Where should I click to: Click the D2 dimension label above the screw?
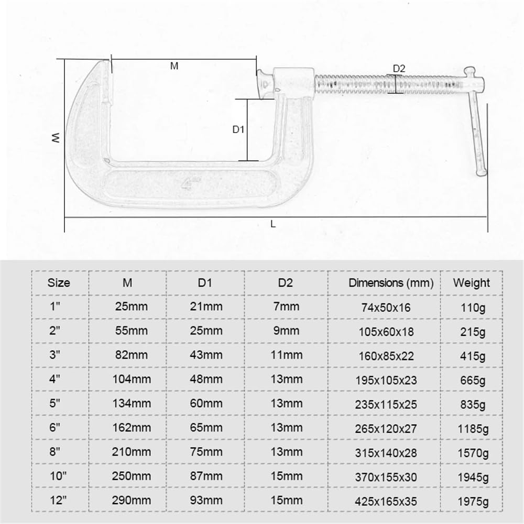coord(399,68)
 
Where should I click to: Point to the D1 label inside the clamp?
coord(239,129)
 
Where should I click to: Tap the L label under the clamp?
coord(273,224)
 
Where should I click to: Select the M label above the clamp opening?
coord(174,66)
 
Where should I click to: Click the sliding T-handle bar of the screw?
coord(476,126)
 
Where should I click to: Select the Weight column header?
coord(471,283)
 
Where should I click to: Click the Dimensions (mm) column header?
coord(391,283)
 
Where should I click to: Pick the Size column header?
coord(59,283)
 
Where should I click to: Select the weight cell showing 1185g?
coord(471,429)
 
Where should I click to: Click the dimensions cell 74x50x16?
coord(389,308)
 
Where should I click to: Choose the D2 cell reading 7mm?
coord(286,307)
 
